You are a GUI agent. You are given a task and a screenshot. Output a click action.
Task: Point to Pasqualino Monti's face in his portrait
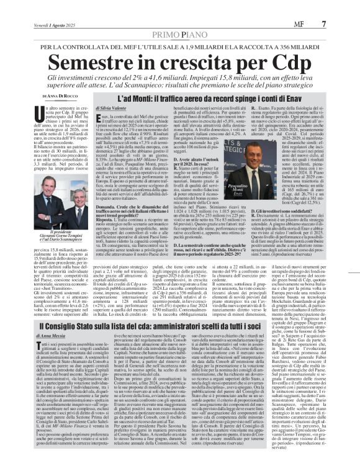pyautogui.click(x=254, y=156)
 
